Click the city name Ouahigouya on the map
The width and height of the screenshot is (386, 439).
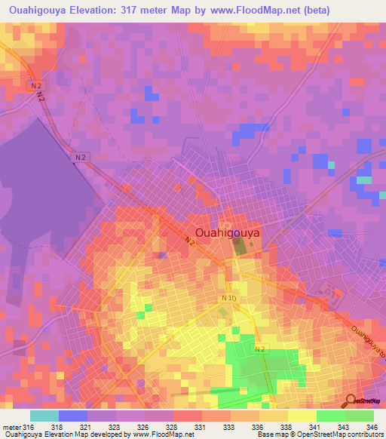click(x=227, y=233)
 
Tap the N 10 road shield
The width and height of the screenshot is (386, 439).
click(x=229, y=299)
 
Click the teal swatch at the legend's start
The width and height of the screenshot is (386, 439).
click(x=44, y=416)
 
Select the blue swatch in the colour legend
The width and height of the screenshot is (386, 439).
click(x=73, y=416)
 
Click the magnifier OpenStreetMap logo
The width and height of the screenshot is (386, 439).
click(x=351, y=401)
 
